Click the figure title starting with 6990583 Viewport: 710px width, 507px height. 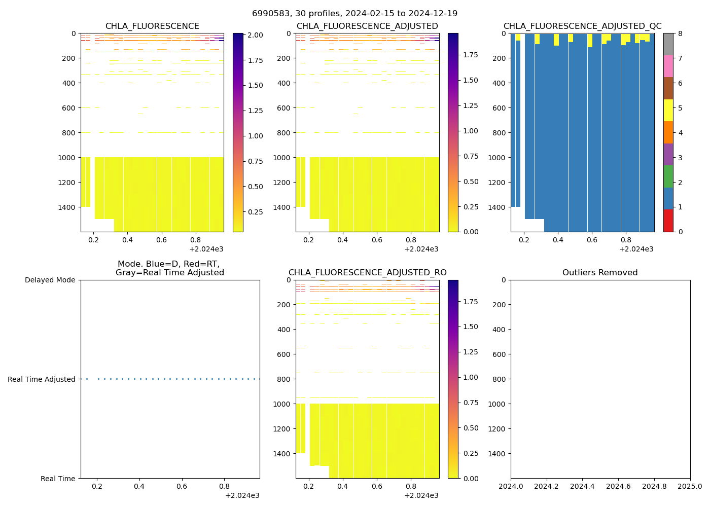354,14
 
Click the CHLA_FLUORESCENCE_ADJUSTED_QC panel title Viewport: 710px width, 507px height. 582,26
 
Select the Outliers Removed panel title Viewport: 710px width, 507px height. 600,273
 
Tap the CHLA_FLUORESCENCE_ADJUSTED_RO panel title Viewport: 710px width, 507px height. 367,273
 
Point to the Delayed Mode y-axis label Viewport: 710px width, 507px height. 50,280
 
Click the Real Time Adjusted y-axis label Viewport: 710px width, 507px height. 42,379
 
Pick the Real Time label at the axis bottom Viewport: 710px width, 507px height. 58,479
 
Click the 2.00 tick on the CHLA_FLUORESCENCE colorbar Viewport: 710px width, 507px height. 256,35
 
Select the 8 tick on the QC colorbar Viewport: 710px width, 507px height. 680,34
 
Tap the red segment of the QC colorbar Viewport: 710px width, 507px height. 668,221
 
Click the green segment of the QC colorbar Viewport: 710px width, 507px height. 668,176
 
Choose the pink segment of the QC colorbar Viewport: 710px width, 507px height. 668,66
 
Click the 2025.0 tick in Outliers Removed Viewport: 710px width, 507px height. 690,487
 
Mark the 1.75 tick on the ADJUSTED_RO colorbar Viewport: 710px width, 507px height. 471,302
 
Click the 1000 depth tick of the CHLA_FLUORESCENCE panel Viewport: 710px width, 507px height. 67,158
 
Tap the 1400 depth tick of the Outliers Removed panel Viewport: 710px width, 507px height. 498,454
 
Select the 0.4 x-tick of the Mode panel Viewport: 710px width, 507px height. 139,487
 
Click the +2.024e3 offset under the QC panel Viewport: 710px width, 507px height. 636,249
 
